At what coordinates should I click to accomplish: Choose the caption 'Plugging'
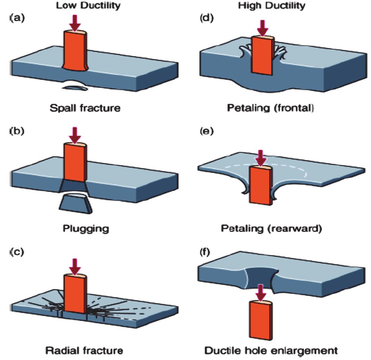click(x=86, y=229)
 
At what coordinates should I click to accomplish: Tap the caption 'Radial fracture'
click(x=84, y=350)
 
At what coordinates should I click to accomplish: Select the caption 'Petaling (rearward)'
click(x=271, y=229)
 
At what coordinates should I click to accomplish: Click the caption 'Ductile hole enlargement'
click(x=271, y=350)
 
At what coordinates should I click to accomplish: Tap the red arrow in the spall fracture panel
click(x=75, y=24)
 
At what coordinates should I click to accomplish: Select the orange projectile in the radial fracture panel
click(x=74, y=294)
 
